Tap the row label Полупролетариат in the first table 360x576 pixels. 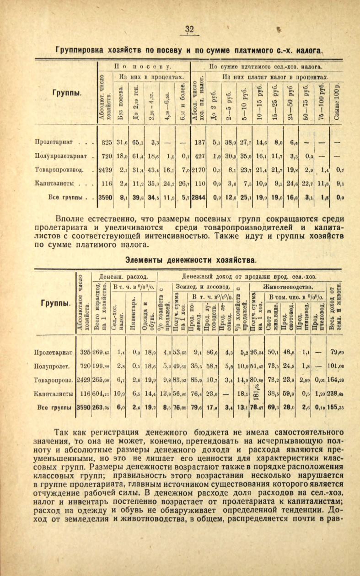coord(63,156)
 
